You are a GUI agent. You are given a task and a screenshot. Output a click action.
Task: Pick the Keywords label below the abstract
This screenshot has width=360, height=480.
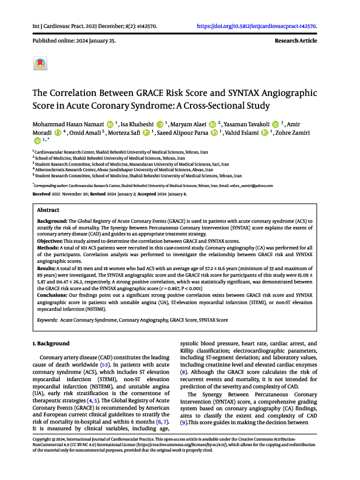pos(49,319)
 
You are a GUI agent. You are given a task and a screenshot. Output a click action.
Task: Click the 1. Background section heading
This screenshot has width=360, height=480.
pos(52,343)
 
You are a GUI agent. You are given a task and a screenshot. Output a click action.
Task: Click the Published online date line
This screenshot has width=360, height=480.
pos(65,41)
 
